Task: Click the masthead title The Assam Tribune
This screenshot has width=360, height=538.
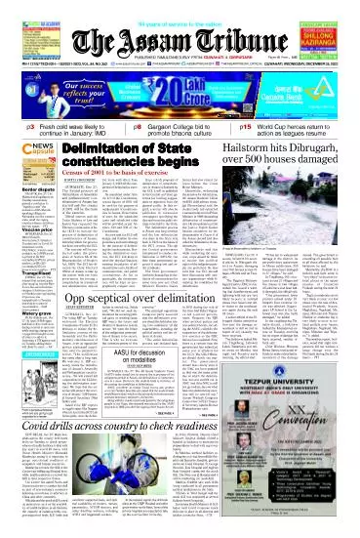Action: (x=180, y=26)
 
